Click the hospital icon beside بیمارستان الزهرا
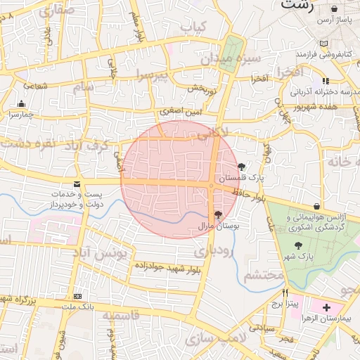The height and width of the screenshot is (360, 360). (326, 308)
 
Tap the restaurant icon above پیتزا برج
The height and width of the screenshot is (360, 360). (285, 292)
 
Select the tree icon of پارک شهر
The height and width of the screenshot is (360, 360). (300, 245)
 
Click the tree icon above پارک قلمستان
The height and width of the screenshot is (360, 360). (242, 167)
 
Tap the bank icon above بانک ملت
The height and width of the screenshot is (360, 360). (77, 297)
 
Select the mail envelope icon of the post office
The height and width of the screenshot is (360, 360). (77, 184)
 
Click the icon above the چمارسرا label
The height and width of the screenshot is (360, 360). (20, 104)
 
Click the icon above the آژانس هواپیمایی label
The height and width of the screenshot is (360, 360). (319, 205)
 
